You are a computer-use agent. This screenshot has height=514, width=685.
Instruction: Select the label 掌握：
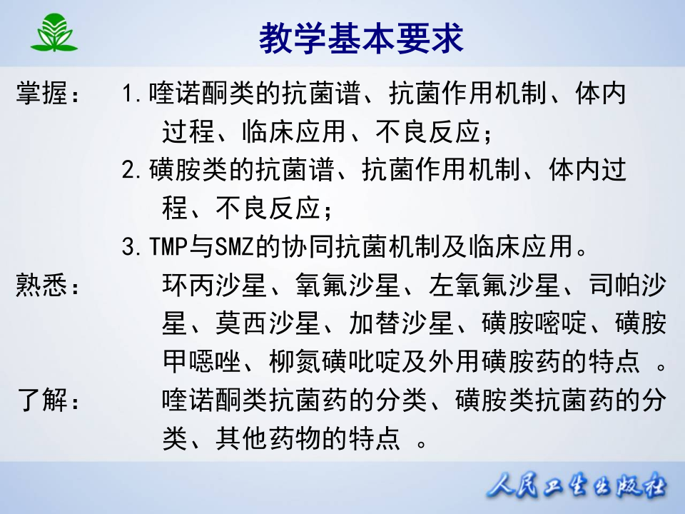pyautogui.click(x=48, y=94)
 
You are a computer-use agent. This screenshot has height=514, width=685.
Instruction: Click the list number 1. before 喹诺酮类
pyautogui.click(x=133, y=94)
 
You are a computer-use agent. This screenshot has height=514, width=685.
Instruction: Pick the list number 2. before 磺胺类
pyautogui.click(x=133, y=171)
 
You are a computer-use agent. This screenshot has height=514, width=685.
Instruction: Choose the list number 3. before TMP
pyautogui.click(x=133, y=248)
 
